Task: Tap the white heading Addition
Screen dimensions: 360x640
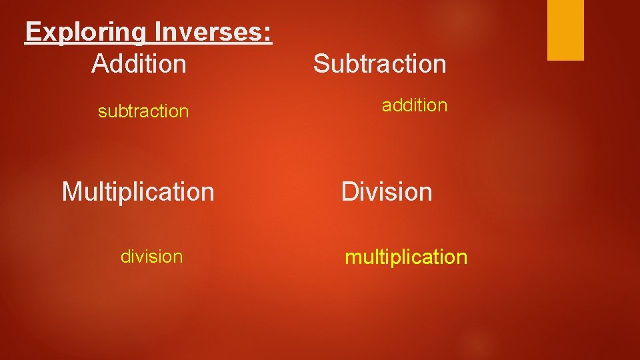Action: (x=139, y=64)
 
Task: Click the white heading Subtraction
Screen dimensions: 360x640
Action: (x=379, y=64)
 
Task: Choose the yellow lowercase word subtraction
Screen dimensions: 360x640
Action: (x=143, y=111)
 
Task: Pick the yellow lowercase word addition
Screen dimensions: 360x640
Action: (x=414, y=105)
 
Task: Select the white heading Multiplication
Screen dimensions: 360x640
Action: (x=138, y=192)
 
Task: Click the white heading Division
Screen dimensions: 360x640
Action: (x=387, y=192)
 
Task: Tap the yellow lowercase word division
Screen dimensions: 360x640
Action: (x=151, y=257)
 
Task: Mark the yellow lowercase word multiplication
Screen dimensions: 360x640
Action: (x=406, y=257)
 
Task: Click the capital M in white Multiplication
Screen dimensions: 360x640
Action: (x=73, y=192)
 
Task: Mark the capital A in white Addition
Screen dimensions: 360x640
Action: (x=100, y=64)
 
